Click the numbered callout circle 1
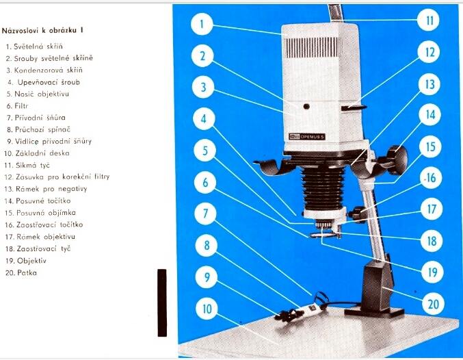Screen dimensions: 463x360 point(202,24)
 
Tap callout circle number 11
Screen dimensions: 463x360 point(429,20)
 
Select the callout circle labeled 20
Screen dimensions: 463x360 point(433,304)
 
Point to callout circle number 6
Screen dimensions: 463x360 point(205,182)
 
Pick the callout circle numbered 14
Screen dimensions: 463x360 point(430,115)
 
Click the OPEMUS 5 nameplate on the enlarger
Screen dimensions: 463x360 point(307,137)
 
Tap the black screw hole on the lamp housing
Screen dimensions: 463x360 point(306,106)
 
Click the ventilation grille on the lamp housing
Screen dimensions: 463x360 point(313,48)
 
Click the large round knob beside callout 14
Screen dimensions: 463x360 point(397,160)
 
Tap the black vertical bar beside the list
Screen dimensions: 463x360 point(162,303)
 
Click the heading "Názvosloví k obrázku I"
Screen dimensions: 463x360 point(42,30)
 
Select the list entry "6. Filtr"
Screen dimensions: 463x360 point(17,105)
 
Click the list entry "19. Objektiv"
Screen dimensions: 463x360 point(26,261)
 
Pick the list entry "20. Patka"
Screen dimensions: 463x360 point(21,272)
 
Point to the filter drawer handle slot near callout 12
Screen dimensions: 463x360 point(354,107)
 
